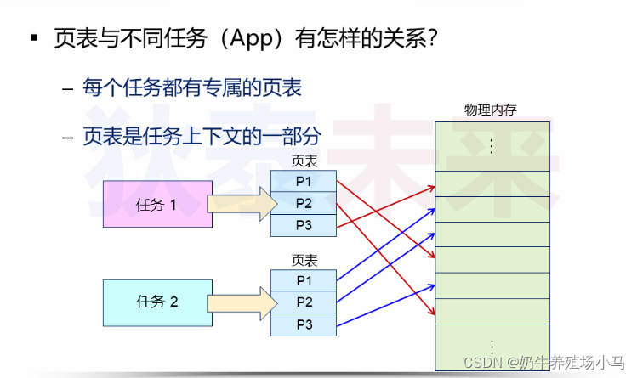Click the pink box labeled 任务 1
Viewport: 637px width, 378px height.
click(x=156, y=204)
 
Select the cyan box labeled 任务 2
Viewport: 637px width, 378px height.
click(x=156, y=302)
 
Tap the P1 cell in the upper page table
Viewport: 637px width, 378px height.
click(x=304, y=181)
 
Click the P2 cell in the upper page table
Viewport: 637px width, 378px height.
click(x=304, y=203)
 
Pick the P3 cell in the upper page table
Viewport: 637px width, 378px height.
click(x=304, y=225)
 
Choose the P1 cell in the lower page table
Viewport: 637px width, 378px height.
click(x=304, y=279)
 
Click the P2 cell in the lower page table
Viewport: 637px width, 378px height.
click(x=304, y=302)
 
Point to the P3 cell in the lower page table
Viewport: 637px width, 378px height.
click(x=304, y=324)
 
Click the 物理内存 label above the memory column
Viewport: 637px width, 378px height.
click(x=490, y=110)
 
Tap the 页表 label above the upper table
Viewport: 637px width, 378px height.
click(x=304, y=161)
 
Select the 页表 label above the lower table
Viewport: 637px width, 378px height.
click(x=304, y=260)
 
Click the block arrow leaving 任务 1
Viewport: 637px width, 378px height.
click(x=242, y=204)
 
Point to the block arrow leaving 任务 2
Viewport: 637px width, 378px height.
click(x=242, y=302)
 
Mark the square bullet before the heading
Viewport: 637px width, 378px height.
click(x=35, y=39)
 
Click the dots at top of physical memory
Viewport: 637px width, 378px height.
click(x=491, y=145)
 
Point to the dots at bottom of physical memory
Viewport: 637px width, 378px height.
click(x=491, y=347)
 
